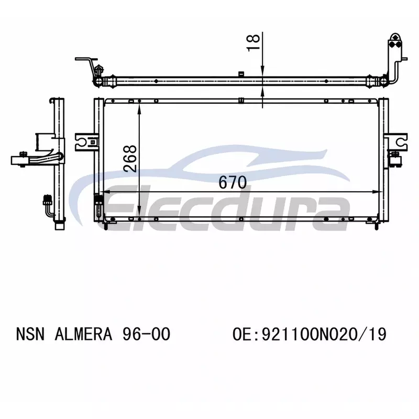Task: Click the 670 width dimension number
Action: coord(233,182)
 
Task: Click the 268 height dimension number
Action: coord(130,159)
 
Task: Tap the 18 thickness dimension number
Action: coord(253,42)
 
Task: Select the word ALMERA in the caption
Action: coord(83,334)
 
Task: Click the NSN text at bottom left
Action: coord(30,334)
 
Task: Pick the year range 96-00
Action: coord(146,334)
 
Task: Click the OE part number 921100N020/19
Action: coord(310,334)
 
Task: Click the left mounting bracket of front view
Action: coord(85,142)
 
